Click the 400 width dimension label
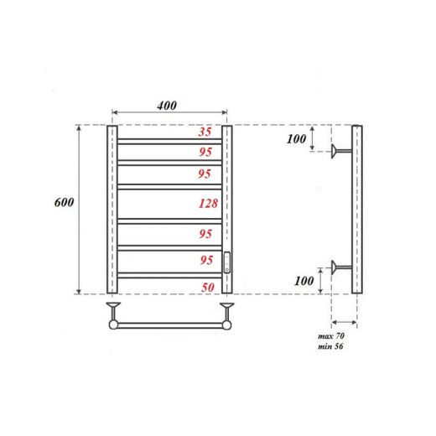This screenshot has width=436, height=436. (167, 106)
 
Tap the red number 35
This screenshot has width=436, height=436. (205, 132)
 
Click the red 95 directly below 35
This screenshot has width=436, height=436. (205, 152)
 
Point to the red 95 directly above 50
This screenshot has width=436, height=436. (205, 261)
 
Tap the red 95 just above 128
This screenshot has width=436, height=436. (205, 175)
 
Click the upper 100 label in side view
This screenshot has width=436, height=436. (296, 139)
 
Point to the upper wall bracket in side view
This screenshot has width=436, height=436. (339, 152)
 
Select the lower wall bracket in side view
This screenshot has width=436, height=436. (339, 267)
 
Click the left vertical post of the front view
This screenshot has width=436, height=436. (111, 210)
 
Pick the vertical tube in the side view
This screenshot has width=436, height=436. (356, 210)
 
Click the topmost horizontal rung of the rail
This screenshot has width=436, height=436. (169, 139)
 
